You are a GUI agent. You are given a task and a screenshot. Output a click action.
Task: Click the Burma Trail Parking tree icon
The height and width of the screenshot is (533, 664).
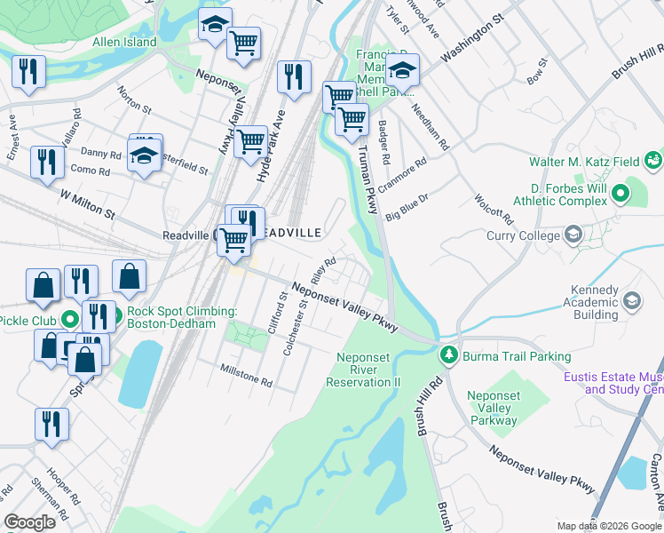click(449, 355)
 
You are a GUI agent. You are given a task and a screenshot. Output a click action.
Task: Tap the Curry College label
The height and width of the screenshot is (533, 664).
click(523, 235)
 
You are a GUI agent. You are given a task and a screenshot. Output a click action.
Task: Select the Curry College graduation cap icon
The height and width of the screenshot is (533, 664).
click(573, 235)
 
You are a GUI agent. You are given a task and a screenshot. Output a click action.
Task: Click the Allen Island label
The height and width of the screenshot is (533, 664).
click(124, 42)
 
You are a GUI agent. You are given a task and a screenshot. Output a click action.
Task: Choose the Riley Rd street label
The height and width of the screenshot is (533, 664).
click(324, 270)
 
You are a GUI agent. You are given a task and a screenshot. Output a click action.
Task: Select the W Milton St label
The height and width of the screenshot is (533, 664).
click(88, 203)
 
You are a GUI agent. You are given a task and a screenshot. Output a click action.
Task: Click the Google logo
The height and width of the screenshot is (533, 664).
click(29, 522)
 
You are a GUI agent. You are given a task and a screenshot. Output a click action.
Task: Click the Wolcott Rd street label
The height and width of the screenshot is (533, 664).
click(494, 209)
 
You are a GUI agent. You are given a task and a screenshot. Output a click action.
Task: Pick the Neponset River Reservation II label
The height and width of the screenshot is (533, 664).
click(363, 370)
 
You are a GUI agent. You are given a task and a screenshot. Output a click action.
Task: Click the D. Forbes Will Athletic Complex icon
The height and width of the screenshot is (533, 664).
click(632, 191)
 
